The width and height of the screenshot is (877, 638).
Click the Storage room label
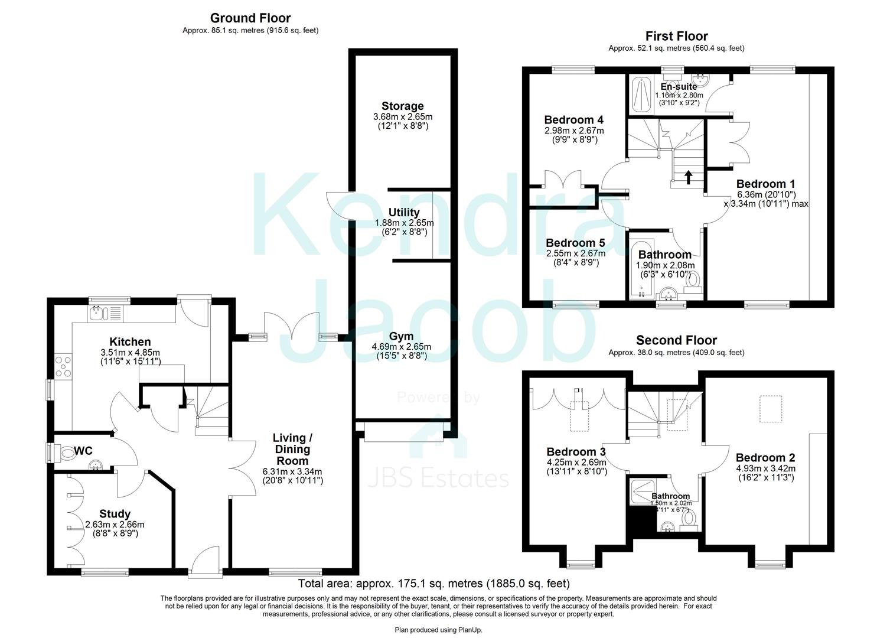coord(402,106)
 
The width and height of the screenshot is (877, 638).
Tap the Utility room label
coord(404,213)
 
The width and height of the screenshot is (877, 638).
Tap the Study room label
coord(115,514)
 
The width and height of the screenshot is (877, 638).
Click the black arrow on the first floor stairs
coord(688,175)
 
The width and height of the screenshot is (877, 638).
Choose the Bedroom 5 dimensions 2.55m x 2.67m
coord(575,253)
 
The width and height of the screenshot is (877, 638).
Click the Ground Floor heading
coord(250,18)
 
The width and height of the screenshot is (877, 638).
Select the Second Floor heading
coord(676,340)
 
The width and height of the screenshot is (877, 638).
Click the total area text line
coord(433,584)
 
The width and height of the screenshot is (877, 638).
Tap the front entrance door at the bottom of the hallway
coord(204,561)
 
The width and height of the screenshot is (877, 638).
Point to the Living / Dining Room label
coord(292,449)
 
